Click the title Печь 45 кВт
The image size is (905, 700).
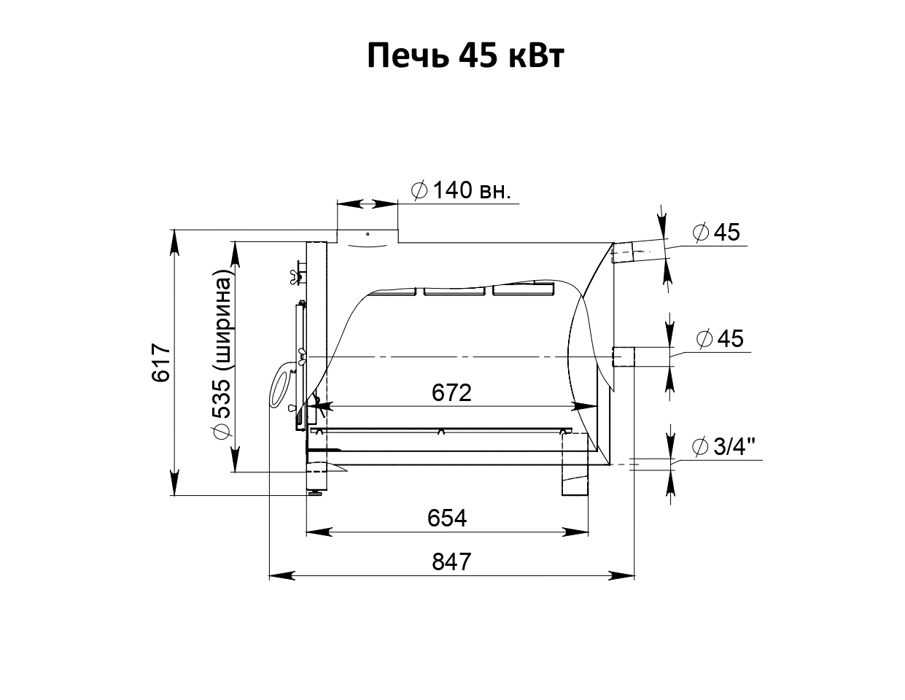465,56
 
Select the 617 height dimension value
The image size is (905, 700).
160,362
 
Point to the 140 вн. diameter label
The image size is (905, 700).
461,191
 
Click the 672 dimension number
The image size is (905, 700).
451,393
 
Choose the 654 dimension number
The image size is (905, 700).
447,518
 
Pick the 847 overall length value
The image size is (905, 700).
451,561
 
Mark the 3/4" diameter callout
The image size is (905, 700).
723,447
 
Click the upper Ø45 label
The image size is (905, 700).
716,232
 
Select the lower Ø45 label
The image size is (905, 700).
720,338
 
